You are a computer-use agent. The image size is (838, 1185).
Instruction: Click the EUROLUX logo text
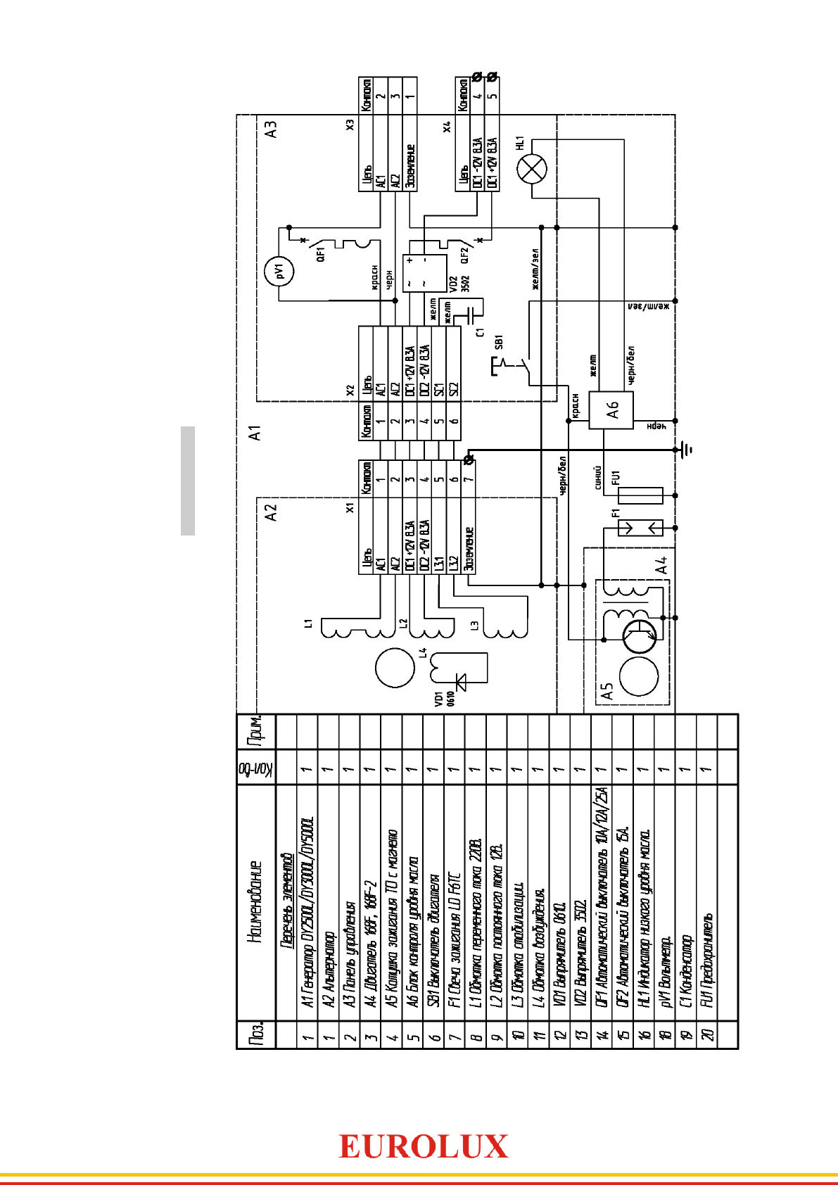(x=423, y=1147)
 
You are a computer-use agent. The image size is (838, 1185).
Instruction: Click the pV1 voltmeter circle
(x=279, y=271)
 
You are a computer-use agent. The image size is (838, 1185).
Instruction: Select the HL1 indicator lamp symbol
(x=531, y=169)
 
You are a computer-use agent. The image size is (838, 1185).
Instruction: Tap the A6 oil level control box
(x=611, y=410)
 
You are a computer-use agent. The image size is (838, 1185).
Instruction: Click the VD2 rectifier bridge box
(x=424, y=274)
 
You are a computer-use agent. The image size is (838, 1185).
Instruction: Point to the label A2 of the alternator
(x=271, y=512)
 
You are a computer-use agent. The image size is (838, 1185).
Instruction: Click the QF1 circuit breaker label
(x=321, y=254)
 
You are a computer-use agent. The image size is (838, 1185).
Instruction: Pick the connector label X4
(x=446, y=127)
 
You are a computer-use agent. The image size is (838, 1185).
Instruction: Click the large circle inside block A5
(x=639, y=676)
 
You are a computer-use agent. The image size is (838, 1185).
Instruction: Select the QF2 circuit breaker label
(x=464, y=254)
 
